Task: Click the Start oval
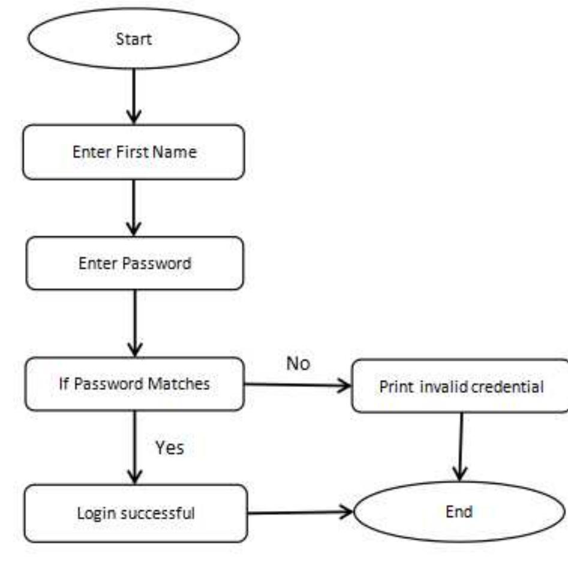(x=134, y=39)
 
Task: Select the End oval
(x=459, y=512)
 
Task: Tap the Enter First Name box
(x=134, y=152)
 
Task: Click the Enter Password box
(x=134, y=263)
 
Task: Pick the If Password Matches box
(x=135, y=383)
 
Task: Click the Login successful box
(x=136, y=513)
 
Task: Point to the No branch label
(x=297, y=363)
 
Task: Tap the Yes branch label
(x=170, y=447)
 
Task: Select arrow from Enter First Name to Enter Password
(x=133, y=208)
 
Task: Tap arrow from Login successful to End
(x=300, y=513)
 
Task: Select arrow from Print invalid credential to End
(x=461, y=446)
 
